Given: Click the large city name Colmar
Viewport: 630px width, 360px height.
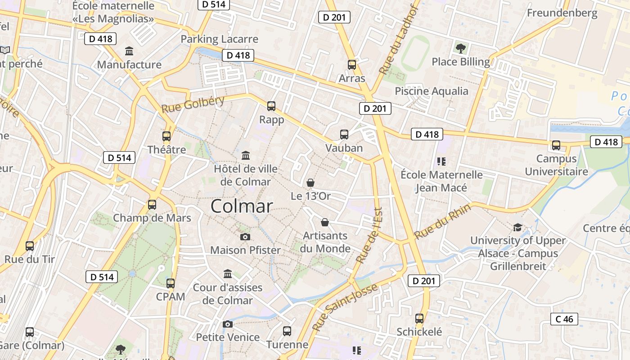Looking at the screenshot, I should [242, 206].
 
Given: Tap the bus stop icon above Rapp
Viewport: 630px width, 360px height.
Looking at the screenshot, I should [271, 106].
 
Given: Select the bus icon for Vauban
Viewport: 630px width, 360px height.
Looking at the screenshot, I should [344, 135].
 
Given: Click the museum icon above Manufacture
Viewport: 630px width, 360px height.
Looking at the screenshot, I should [129, 51].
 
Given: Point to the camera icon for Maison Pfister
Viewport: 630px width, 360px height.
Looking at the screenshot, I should [245, 237].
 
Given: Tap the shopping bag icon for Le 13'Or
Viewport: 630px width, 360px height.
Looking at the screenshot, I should [310, 183].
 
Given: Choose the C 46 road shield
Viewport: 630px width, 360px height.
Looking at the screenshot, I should [564, 319].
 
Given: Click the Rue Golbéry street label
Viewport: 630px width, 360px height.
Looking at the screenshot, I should [193, 104].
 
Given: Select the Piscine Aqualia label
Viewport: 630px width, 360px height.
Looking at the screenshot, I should [432, 91].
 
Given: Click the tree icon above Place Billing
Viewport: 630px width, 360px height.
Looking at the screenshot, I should [460, 48].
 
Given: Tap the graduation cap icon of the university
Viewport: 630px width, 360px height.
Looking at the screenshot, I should [517, 227].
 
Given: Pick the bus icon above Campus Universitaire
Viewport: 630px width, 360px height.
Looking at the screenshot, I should [556, 145].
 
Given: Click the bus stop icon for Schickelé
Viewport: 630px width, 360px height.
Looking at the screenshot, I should [419, 319].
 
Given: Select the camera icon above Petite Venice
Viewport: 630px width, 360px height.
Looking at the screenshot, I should [228, 324].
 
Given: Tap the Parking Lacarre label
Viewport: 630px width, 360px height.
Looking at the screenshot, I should [220, 39].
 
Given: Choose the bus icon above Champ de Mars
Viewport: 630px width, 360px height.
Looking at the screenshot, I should [152, 205].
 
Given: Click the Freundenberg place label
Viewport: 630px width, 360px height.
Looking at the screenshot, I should [562, 13].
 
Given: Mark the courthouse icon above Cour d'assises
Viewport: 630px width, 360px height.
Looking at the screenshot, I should [228, 274].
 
